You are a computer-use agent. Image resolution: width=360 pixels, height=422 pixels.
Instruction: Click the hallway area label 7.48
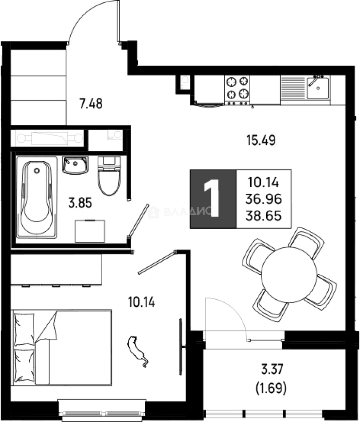pos(91,104)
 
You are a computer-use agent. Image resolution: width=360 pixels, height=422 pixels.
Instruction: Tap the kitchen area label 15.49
pos(261,140)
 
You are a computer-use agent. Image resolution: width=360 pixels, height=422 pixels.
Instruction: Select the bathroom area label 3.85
pos(80,203)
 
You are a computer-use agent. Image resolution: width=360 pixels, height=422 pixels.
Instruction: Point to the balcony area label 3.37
pos(272,369)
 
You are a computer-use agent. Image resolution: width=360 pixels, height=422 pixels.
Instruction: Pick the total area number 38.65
pos(264,216)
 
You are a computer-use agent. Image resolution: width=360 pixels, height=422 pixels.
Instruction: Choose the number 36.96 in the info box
pos(264,199)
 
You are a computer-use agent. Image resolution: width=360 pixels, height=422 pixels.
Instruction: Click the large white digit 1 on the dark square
pos(212,198)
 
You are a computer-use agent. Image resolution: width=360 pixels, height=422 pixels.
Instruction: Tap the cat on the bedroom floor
pos(137,351)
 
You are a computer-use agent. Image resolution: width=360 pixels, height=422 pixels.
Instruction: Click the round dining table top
pos(289,275)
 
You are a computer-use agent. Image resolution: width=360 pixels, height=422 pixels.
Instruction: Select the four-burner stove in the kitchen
pos(237,90)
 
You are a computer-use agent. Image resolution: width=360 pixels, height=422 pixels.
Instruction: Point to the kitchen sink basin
pos(318,88)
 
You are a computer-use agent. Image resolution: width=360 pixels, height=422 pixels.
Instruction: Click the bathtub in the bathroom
pos(37,197)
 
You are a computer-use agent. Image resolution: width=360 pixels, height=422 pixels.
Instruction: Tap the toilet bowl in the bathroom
pos(109,176)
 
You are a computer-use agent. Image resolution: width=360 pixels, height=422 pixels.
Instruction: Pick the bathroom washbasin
pos(75,165)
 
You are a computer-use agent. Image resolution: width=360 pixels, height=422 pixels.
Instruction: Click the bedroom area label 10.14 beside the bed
pos(142,302)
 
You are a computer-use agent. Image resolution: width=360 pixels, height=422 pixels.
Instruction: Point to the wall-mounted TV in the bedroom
pos(181,347)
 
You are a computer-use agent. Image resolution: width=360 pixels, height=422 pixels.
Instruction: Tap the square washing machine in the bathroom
pos(90,231)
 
